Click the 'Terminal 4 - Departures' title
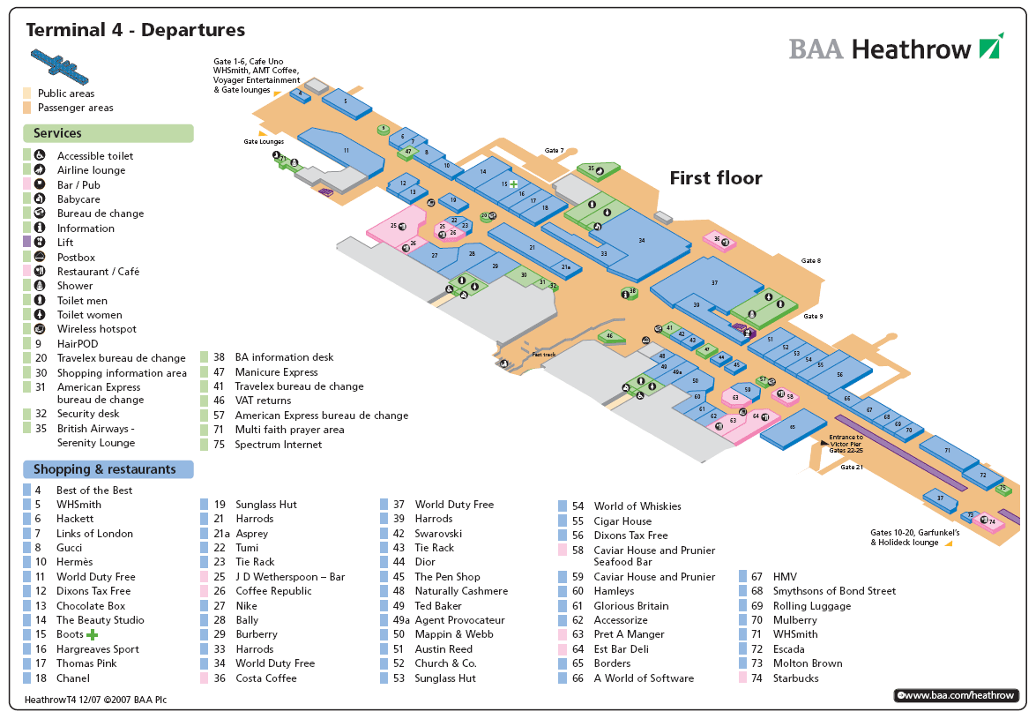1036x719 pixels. [x=136, y=30]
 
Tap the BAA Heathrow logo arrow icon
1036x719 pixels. [x=990, y=46]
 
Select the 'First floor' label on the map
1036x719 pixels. [x=715, y=178]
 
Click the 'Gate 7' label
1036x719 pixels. [x=554, y=151]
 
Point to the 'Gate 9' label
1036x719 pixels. [x=813, y=316]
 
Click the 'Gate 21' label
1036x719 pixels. [x=851, y=467]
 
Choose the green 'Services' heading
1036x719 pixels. [x=57, y=133]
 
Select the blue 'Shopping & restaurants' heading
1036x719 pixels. [x=104, y=469]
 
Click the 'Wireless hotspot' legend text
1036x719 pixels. [x=97, y=329]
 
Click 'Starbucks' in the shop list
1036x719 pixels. [x=795, y=678]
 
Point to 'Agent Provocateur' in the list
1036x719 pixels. [x=459, y=620]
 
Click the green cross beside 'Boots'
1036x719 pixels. [x=92, y=634]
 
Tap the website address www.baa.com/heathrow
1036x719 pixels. [x=959, y=695]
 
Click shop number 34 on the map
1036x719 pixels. [x=642, y=240]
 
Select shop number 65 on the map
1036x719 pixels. [x=793, y=427]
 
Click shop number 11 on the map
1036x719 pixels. [x=347, y=151]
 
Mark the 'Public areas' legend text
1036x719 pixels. [x=66, y=94]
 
